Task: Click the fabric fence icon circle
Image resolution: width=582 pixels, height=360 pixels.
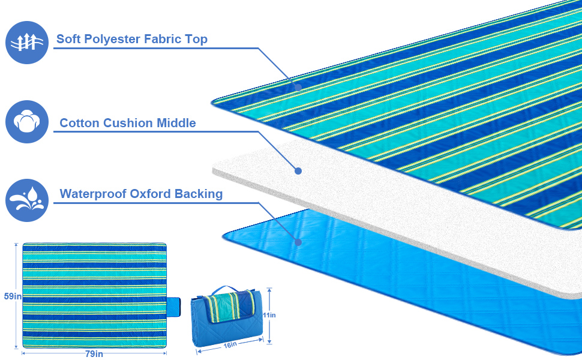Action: [26, 43]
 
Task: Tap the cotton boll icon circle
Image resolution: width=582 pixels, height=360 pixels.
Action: [26, 122]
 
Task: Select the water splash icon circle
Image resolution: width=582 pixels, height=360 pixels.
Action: [26, 200]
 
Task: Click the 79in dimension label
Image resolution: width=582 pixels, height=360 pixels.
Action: [94, 354]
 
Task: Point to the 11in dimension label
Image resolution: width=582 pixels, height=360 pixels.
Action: [269, 315]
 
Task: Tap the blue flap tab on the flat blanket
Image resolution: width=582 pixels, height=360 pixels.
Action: [174, 306]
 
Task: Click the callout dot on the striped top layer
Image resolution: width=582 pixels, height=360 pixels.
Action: [298, 87]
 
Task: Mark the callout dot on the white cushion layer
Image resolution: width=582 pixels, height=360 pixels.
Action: [298, 171]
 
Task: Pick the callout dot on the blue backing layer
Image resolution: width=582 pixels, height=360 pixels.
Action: [298, 242]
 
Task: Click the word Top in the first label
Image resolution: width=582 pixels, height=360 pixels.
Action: [196, 40]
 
